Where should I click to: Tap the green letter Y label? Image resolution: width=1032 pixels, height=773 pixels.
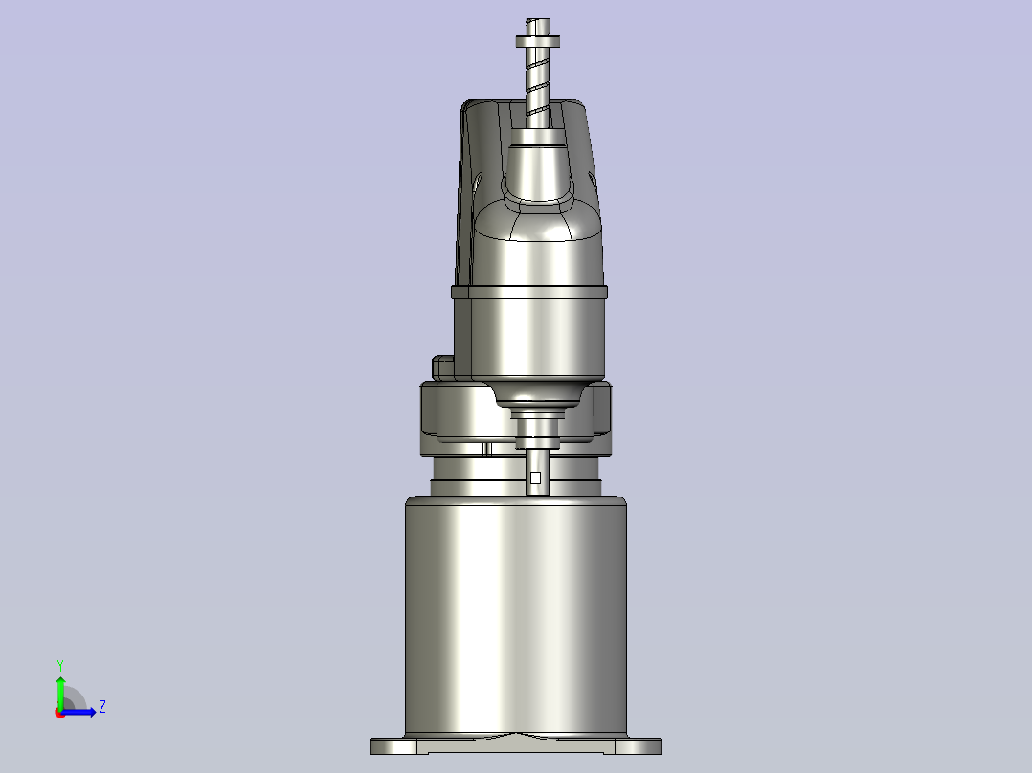click(59, 664)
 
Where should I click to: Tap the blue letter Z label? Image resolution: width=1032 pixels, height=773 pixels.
click(101, 708)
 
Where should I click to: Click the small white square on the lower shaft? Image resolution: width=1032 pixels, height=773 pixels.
click(535, 477)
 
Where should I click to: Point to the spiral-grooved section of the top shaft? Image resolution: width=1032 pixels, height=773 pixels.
click(538, 86)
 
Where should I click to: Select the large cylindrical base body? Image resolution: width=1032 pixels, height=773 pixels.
click(515, 612)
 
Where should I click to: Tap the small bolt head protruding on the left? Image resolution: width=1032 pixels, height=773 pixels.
click(444, 366)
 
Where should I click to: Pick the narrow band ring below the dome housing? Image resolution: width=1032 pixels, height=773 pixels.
click(529, 291)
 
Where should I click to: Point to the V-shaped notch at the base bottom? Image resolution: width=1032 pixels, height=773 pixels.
click(516, 737)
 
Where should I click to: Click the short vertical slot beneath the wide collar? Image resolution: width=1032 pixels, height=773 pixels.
click(487, 449)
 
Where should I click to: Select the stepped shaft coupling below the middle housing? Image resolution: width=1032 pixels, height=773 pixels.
click(538, 426)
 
